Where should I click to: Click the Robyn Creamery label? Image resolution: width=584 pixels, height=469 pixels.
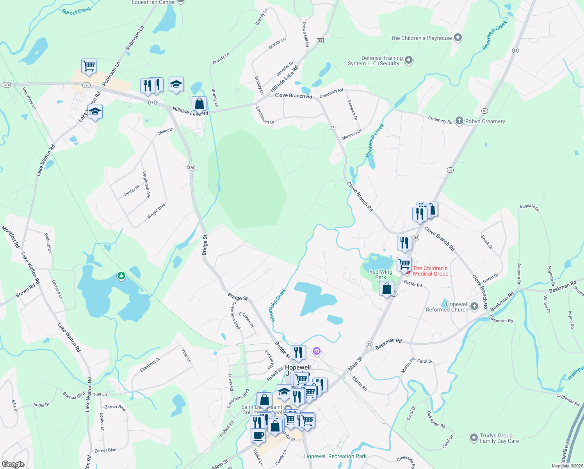pos(485,121)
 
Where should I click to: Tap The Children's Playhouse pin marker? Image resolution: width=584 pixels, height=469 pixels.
pos(458,38)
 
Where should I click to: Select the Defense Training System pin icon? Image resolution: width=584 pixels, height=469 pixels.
pos(409,60)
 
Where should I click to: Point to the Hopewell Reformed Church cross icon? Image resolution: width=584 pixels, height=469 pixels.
pos(474,306)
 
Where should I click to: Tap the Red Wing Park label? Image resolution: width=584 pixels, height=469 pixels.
pos(381,274)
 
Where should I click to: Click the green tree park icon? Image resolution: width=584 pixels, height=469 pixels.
pos(121,276)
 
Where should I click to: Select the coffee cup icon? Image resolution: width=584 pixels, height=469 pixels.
pos(258,435)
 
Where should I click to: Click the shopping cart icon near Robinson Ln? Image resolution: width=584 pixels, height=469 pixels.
pos(89,66)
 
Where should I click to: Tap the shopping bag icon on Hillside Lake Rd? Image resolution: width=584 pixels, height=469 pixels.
pos(199,104)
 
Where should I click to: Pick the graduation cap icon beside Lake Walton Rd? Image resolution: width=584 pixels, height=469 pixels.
pos(95,112)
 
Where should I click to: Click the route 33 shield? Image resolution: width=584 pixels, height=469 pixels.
pos(320,41)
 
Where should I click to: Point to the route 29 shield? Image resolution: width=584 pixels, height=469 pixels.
pos(332,127)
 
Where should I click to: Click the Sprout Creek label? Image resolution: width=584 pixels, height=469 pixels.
pos(77,11)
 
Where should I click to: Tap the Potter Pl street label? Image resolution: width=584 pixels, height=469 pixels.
pos(132,191)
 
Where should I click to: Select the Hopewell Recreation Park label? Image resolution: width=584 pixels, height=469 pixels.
pos(335,456)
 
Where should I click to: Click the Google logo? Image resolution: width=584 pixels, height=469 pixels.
pos(13,464)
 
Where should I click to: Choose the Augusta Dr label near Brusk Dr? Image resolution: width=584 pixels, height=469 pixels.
pos(529,208)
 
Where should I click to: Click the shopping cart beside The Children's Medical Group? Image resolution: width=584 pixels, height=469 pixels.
pos(404,263)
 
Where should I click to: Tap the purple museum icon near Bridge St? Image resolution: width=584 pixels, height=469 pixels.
pos(317,351)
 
